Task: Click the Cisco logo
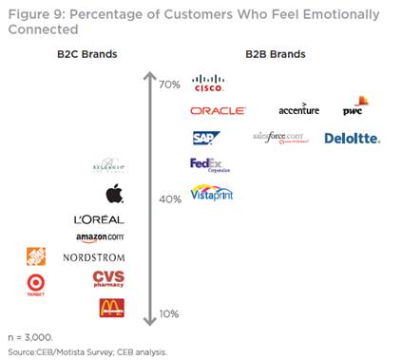(x=207, y=85)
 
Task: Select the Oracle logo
(x=219, y=111)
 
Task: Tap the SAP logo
(x=206, y=138)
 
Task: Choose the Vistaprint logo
(x=212, y=193)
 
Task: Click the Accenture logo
(x=298, y=110)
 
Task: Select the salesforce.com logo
(x=282, y=138)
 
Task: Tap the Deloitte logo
(x=352, y=138)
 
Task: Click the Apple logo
(x=114, y=194)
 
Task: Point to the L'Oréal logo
(x=99, y=219)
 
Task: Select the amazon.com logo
(x=100, y=237)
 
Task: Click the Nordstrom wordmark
(x=93, y=257)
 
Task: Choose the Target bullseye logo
(x=36, y=284)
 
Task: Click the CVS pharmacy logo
(x=108, y=278)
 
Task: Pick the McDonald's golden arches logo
(x=111, y=307)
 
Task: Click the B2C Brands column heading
(x=86, y=53)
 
